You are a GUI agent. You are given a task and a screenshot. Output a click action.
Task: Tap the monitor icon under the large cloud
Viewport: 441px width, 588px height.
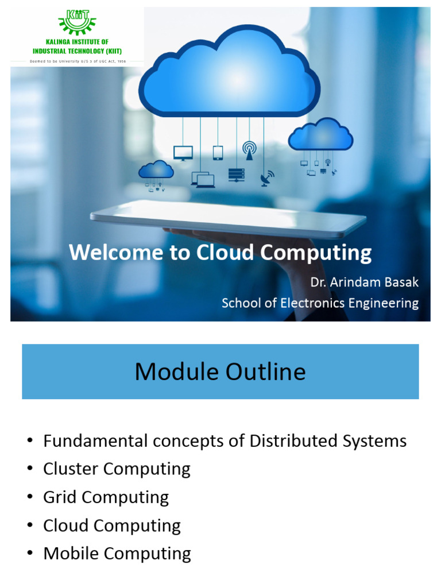click(x=183, y=153)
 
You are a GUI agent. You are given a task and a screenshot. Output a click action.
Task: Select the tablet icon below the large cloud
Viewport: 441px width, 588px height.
click(x=218, y=153)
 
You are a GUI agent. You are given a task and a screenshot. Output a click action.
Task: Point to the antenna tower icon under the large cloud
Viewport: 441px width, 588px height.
click(x=249, y=150)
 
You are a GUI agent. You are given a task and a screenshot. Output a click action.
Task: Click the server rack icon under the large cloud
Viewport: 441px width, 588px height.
click(x=236, y=175)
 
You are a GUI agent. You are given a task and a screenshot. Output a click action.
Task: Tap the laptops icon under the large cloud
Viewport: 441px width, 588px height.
click(x=203, y=180)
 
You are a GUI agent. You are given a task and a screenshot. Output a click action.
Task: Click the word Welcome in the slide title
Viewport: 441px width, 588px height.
click(x=117, y=253)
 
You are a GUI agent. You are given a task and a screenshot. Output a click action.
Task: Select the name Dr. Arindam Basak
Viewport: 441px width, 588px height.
click(x=364, y=283)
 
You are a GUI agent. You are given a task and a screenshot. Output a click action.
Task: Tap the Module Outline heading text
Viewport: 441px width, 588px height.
click(x=220, y=372)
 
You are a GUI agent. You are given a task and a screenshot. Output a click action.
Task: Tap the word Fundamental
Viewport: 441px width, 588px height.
click(x=95, y=441)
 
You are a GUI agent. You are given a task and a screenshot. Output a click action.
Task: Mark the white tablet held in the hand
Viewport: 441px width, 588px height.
click(x=228, y=218)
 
